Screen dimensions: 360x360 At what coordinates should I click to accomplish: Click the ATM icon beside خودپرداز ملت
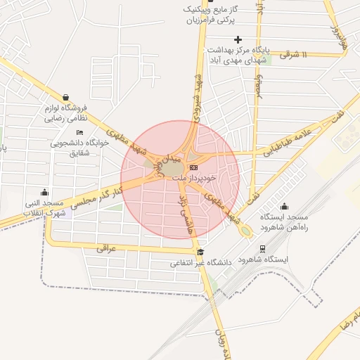pyautogui.click(x=193, y=167)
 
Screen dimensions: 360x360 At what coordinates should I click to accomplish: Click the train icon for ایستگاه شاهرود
pyautogui.click(x=262, y=248)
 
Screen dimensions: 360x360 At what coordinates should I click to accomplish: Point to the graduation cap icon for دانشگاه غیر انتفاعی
pyautogui.click(x=200, y=252)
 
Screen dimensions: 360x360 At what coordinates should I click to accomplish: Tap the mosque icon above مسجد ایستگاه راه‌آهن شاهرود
pyautogui.click(x=284, y=206)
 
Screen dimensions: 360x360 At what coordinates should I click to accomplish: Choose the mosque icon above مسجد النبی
pyautogui.click(x=46, y=192)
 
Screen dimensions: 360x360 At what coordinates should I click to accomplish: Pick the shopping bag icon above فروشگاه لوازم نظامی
pyautogui.click(x=66, y=98)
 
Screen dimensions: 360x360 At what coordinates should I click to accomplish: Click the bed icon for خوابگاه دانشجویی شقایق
pyautogui.click(x=79, y=132)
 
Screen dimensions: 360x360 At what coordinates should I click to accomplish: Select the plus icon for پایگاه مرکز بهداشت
pyautogui.click(x=238, y=39)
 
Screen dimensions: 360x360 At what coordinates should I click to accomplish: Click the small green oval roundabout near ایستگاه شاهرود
pyautogui.click(x=244, y=231)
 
